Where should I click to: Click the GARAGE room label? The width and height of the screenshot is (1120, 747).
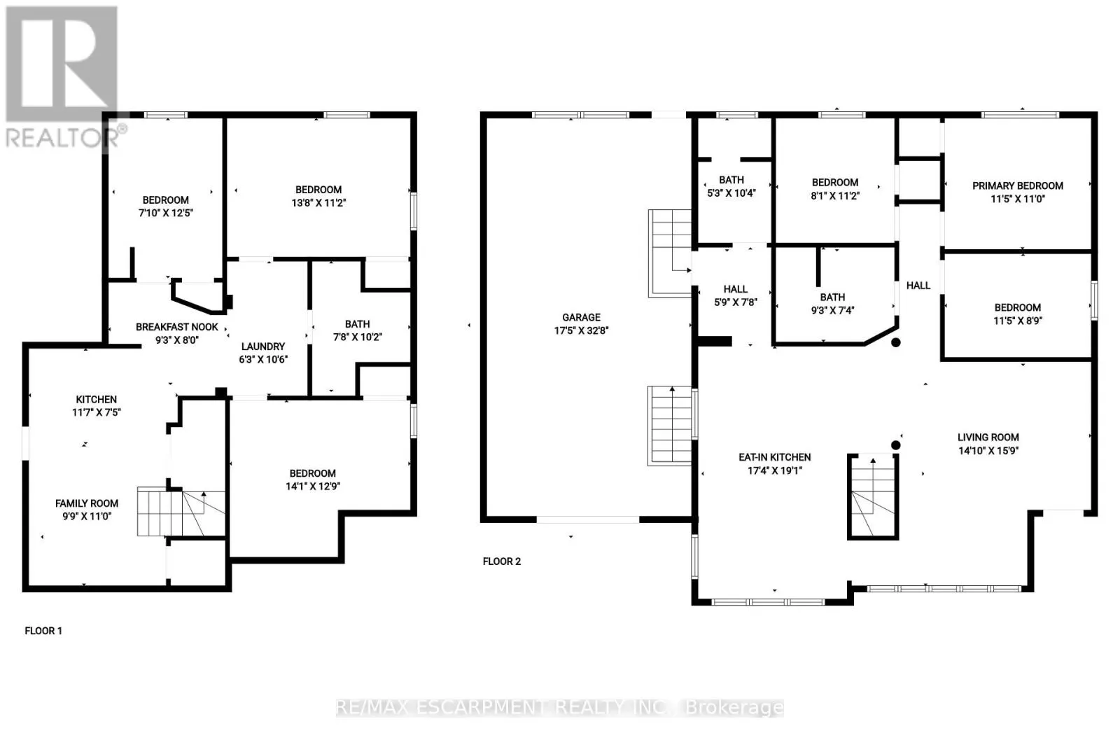[581, 317]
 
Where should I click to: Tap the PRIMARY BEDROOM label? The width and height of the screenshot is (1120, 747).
[1018, 186]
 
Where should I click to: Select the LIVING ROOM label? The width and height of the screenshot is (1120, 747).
[988, 437]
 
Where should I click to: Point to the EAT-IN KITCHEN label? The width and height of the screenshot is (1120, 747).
[774, 457]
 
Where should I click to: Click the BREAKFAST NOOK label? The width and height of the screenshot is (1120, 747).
[177, 326]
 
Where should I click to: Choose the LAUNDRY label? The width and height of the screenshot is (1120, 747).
[263, 346]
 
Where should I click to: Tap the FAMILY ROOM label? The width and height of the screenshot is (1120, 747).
[87, 503]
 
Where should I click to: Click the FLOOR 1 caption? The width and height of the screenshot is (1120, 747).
[43, 631]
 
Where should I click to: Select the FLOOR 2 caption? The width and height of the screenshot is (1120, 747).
[501, 561]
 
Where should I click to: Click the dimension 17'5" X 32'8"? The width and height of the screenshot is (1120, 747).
[581, 330]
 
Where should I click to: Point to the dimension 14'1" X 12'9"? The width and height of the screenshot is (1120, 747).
[312, 486]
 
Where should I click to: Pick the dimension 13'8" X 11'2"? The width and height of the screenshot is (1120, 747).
[318, 202]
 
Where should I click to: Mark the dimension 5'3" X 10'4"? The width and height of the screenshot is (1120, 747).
[731, 193]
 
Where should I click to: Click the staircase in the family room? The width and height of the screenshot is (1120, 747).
[181, 513]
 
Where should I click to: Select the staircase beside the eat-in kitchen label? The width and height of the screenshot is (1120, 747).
[872, 496]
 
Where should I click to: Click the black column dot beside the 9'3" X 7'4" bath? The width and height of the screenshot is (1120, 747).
[896, 342]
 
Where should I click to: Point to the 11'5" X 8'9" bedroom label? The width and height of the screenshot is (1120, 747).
[1018, 314]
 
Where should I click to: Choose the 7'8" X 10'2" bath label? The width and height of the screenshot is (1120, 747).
[358, 330]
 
